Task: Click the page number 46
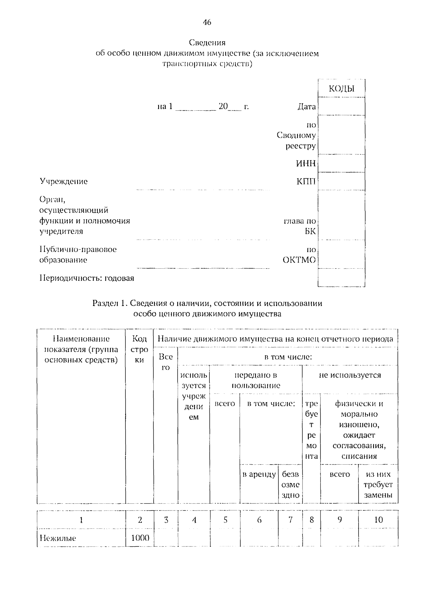(207, 23)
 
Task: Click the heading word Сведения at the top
(207, 43)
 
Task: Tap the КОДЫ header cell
(341, 89)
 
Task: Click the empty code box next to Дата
(341, 106)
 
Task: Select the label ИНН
(306, 164)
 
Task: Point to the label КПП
(306, 182)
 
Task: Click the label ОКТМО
(299, 260)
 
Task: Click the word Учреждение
(63, 182)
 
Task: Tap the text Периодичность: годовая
(87, 278)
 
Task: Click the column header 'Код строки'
(140, 349)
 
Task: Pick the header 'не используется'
(350, 375)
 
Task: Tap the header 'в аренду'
(259, 474)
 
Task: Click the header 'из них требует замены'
(378, 485)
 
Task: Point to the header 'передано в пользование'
(256, 380)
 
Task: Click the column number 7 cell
(290, 520)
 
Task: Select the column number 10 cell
(378, 520)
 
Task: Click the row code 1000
(140, 538)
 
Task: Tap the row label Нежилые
(58, 538)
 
